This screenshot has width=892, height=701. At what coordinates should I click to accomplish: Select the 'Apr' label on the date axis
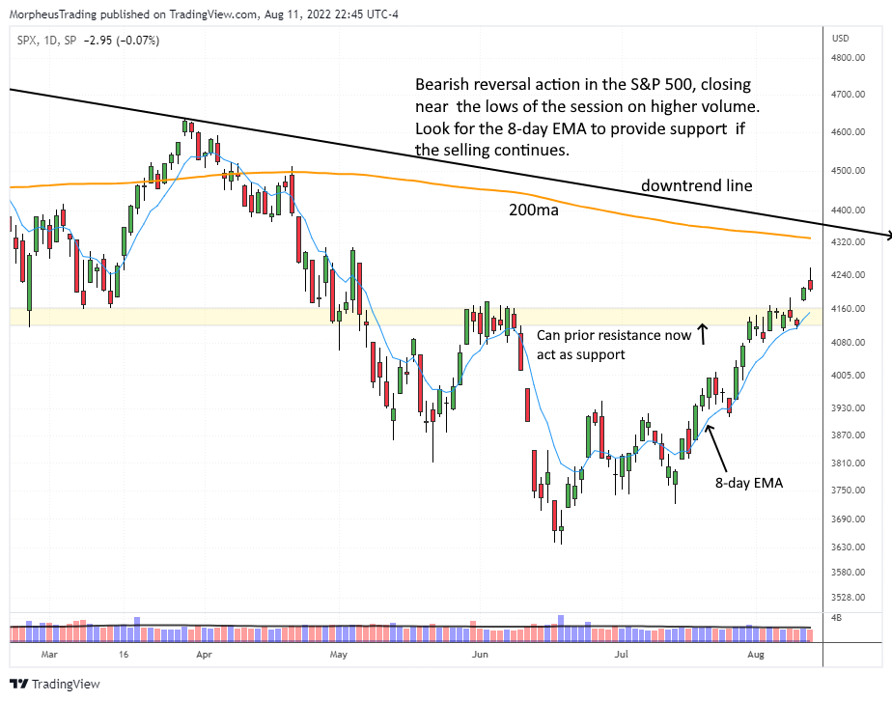click(204, 653)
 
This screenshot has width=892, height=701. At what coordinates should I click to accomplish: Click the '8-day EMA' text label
click(748, 483)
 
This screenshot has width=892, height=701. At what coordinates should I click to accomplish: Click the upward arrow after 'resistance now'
click(703, 335)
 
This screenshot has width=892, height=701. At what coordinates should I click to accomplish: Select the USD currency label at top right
click(840, 39)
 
